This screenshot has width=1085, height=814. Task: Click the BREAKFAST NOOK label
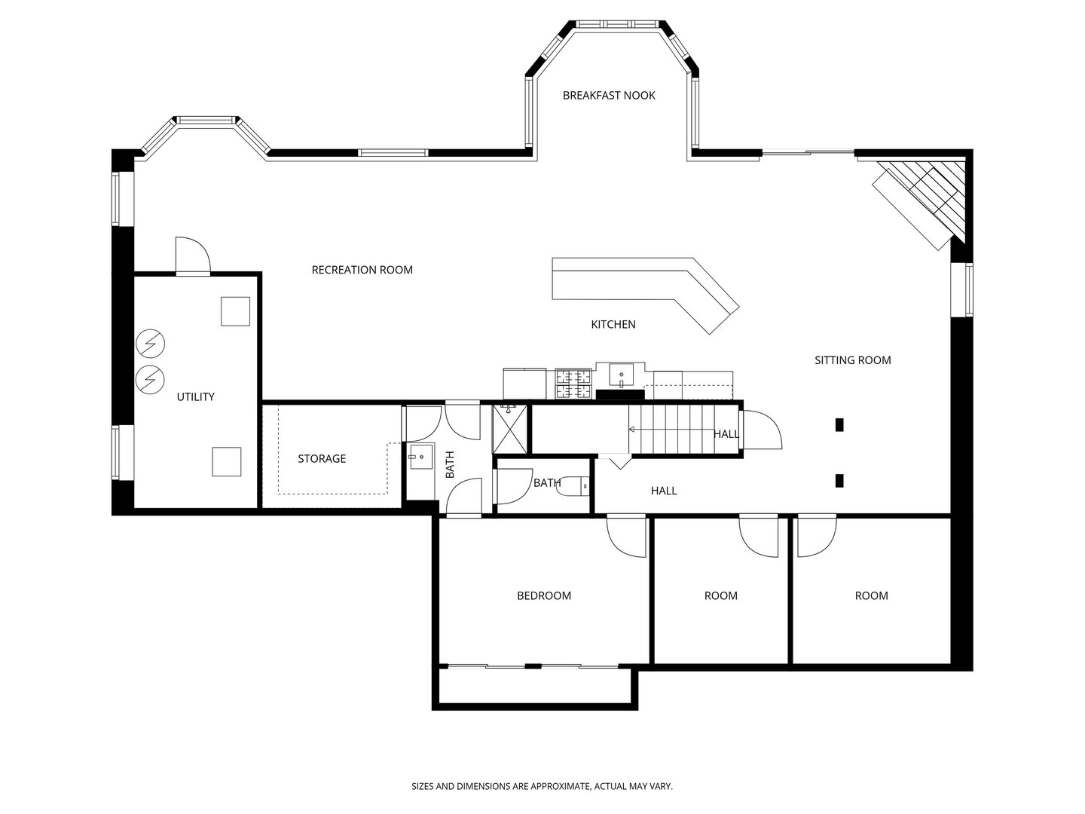coord(609,96)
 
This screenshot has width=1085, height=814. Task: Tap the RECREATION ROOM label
coord(362,270)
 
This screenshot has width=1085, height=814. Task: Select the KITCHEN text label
coord(613,324)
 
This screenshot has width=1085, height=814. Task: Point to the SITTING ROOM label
coord(853,360)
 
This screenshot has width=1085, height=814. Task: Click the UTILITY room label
coord(195,397)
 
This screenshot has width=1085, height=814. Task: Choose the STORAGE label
coord(321,459)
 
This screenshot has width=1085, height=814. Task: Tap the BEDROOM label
coord(544,595)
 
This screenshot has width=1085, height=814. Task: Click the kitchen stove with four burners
coord(573,384)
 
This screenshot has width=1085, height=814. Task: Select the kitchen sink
coord(621,375)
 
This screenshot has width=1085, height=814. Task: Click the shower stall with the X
coord(510,429)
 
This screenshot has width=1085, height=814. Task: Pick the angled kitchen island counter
coord(645,292)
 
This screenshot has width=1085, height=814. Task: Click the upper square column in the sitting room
coord(839,424)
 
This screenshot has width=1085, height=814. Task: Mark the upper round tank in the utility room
coord(150,343)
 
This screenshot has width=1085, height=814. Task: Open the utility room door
coord(193,255)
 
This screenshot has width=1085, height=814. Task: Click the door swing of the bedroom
coord(626,537)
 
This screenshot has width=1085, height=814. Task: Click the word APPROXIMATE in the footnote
coord(561,786)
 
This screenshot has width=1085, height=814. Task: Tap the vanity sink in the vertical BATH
coord(421,457)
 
